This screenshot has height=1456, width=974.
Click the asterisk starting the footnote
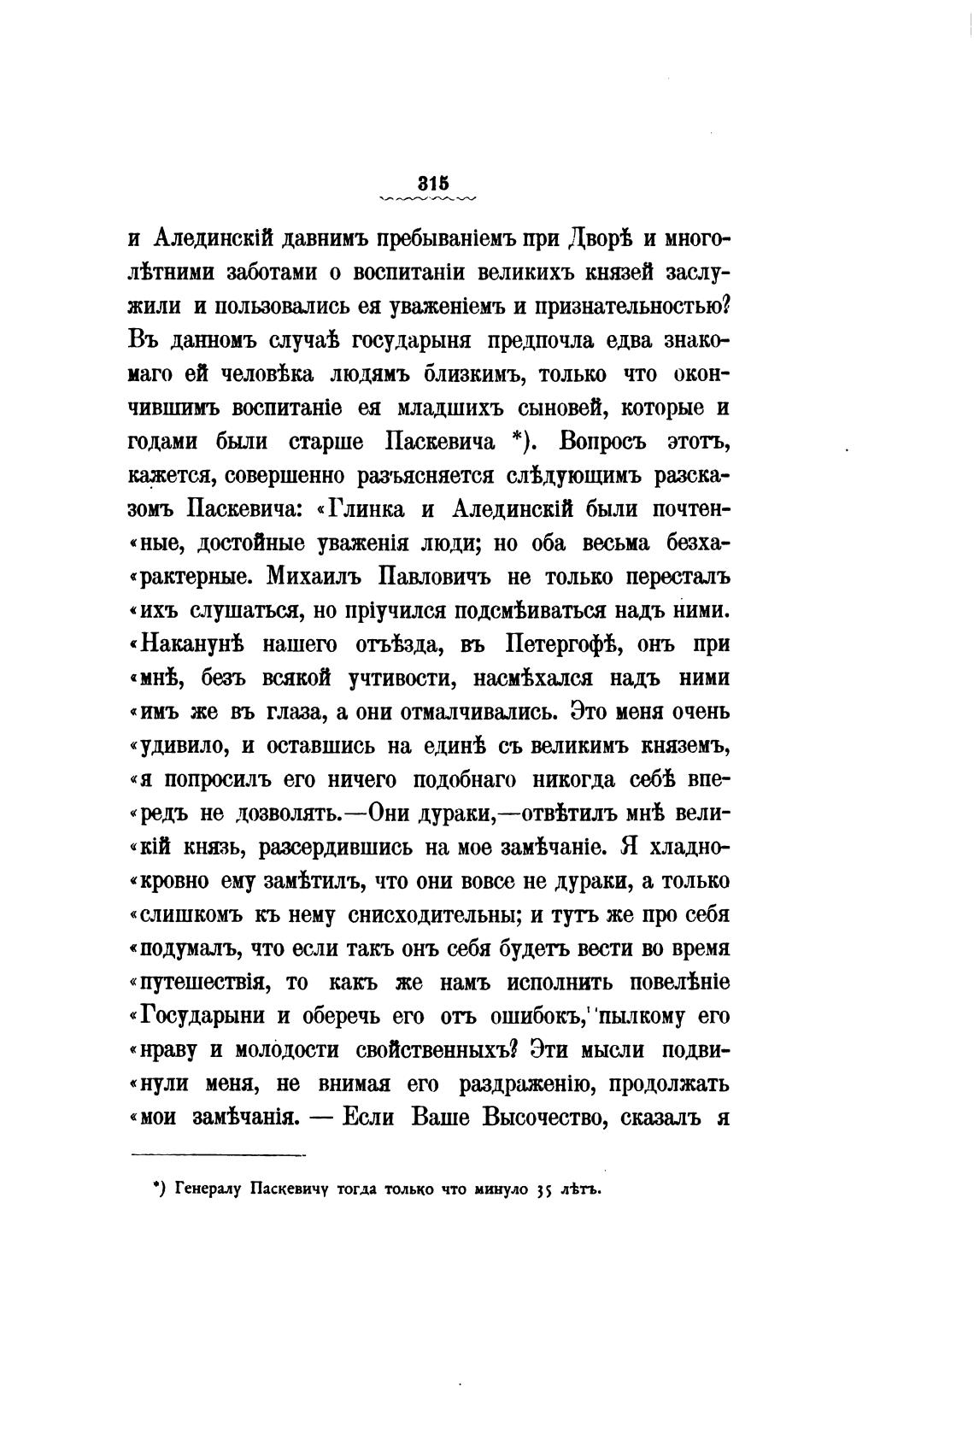pos(157,1186)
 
